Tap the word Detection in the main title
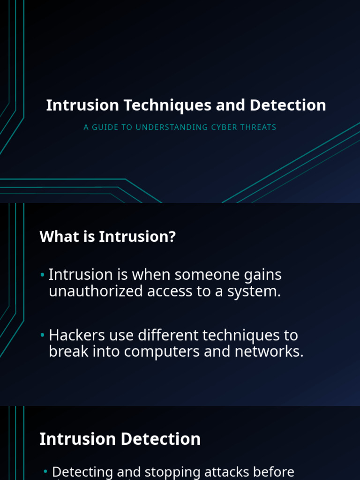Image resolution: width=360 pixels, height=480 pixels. (x=287, y=105)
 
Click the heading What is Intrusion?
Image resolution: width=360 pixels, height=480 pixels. (x=107, y=237)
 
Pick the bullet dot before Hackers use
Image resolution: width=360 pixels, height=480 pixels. (x=43, y=336)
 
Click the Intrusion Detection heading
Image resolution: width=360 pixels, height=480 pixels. (x=120, y=439)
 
